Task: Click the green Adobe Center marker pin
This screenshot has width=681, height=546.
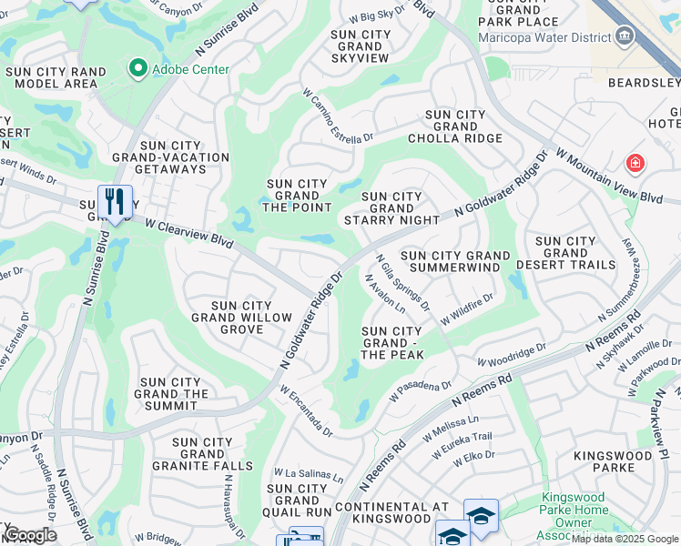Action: (x=138, y=68)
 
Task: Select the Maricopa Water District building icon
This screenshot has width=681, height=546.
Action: (x=625, y=37)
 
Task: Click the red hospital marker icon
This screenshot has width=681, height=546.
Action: (x=635, y=164)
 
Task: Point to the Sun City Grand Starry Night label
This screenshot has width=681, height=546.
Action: (x=391, y=208)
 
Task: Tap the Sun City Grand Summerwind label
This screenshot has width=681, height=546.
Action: (x=452, y=262)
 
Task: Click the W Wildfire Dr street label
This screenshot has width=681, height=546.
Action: (x=466, y=309)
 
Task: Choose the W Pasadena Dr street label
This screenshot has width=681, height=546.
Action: (x=420, y=391)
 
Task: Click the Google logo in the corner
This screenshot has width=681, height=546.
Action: (x=29, y=535)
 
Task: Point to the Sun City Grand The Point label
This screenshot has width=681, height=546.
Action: (x=297, y=195)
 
